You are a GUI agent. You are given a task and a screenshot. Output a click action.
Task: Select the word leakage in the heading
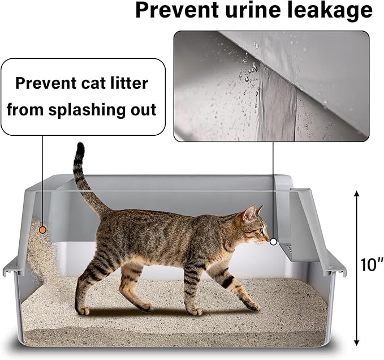pyautogui.click(x=329, y=10)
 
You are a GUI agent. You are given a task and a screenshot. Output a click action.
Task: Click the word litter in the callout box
pyautogui.click(x=128, y=84)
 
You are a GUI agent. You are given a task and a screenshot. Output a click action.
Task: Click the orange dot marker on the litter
pyautogui.click(x=42, y=230)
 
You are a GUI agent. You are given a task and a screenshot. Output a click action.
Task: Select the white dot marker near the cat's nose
pyautogui.click(x=273, y=241)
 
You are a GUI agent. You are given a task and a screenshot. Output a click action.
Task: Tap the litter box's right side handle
pyautogui.click(x=338, y=266)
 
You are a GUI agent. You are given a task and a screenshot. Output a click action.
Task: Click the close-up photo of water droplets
pyautogui.click(x=271, y=85)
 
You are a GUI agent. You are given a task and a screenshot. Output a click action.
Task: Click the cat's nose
pyautogui.click(x=267, y=239)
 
